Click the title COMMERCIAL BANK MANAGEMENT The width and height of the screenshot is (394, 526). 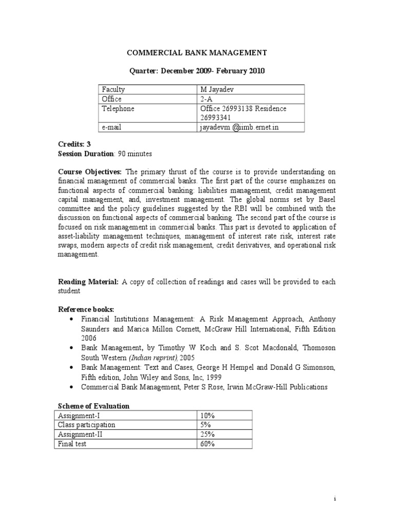coord(196,52)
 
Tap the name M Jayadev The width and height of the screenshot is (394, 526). coord(216,89)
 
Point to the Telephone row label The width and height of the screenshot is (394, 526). coord(117,108)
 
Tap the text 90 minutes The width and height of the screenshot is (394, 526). coord(135,154)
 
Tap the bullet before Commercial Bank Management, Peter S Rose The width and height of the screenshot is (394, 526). coord(70,387)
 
